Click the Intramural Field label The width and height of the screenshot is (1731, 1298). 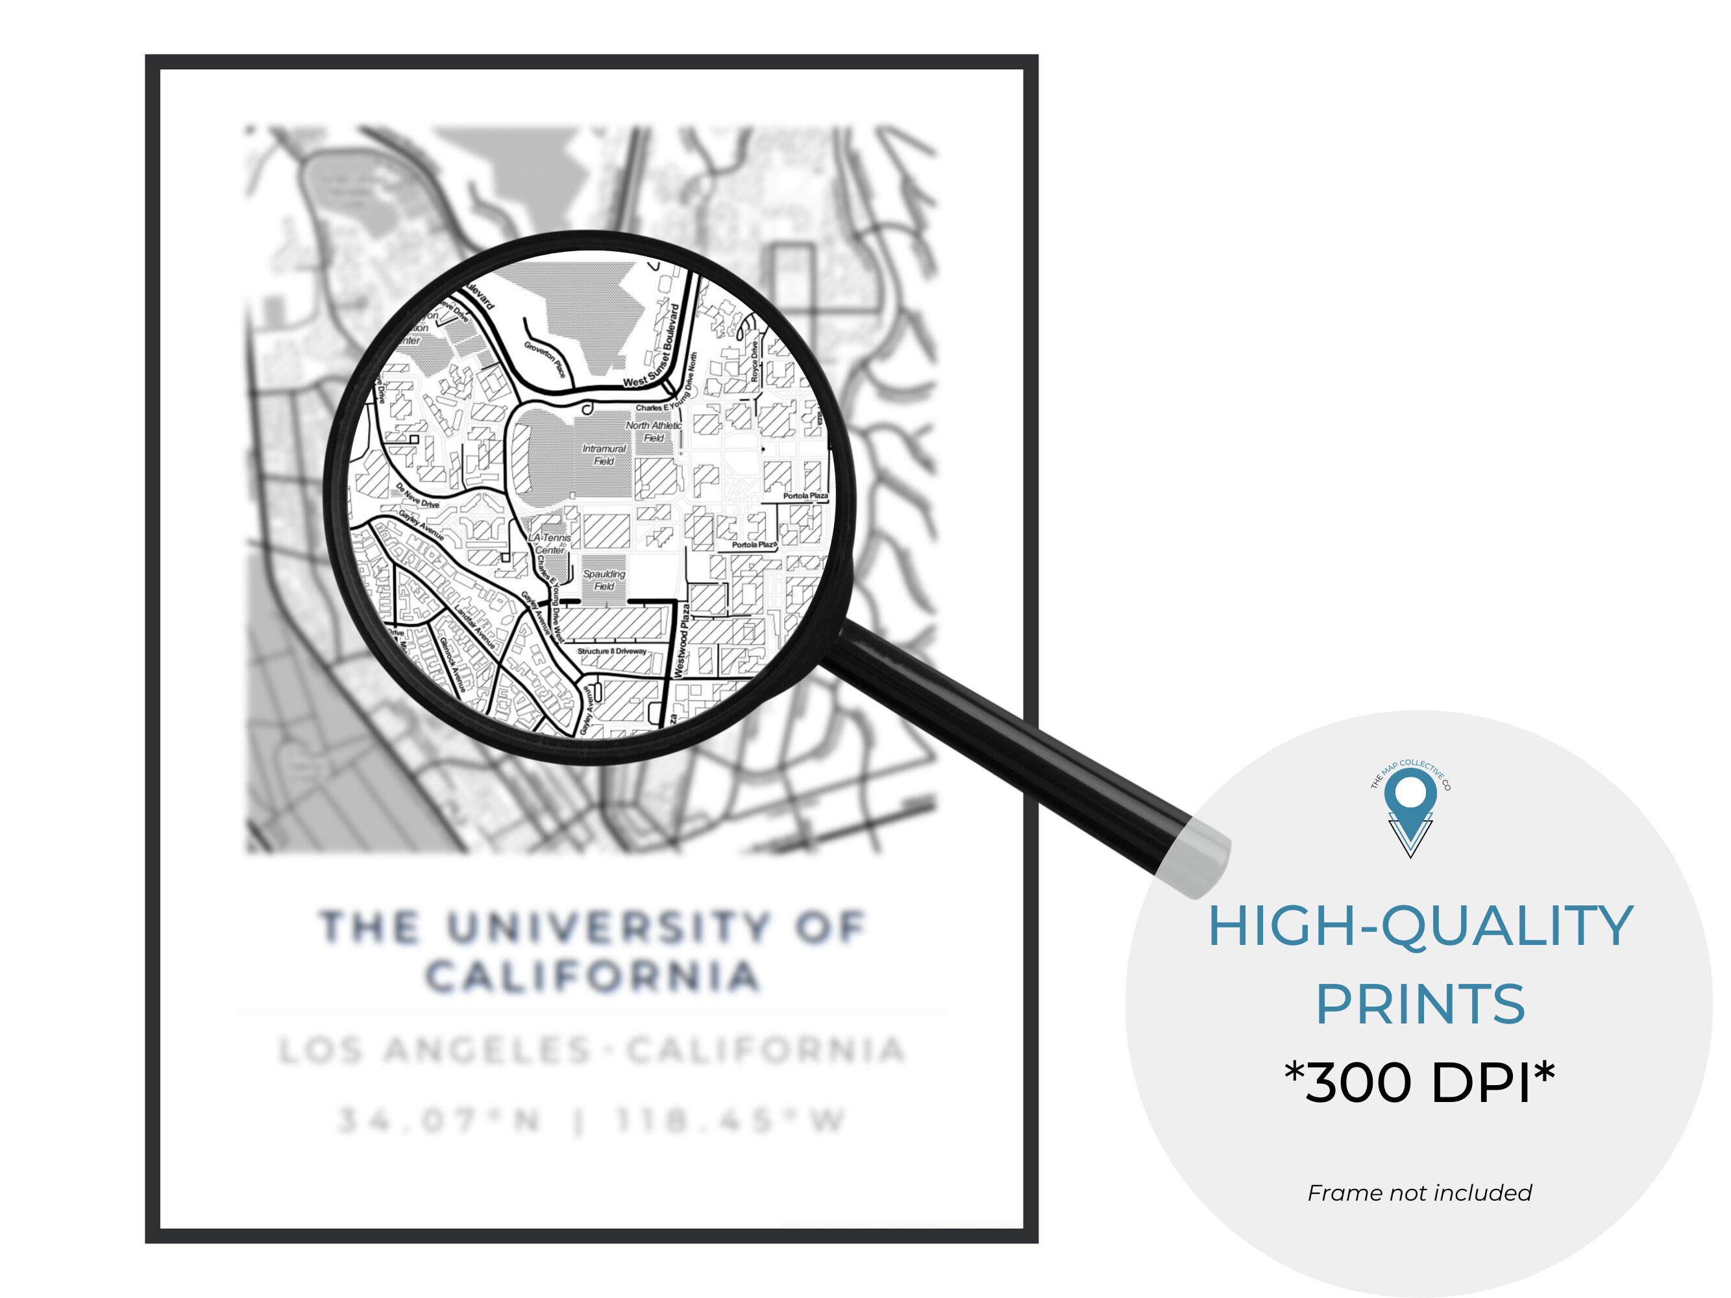(604, 454)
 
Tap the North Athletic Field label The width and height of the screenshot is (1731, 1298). (654, 431)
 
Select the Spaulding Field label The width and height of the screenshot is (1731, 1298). (604, 580)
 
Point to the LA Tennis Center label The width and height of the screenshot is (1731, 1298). (550, 544)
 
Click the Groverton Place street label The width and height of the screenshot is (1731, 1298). (545, 359)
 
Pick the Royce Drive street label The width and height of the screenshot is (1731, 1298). (754, 361)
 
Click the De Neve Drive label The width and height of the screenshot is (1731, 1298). (417, 495)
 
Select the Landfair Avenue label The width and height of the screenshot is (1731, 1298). (474, 627)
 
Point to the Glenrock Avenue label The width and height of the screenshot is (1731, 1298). (452, 663)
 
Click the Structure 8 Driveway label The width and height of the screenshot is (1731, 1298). (612, 651)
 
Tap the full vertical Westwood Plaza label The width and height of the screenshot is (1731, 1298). (682, 640)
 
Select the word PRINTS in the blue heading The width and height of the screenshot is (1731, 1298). (1419, 1004)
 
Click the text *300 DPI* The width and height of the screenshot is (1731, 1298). (1419, 1082)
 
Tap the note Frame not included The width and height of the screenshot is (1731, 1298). (1419, 1193)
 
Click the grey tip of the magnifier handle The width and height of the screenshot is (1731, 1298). (1195, 857)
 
